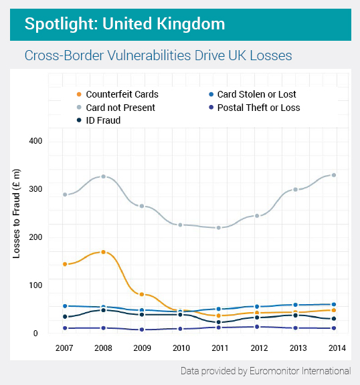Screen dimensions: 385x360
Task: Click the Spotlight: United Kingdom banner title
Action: coord(124,24)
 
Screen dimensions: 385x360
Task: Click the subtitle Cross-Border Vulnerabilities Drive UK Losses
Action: coord(158,55)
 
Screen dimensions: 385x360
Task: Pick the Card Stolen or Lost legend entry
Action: coord(256,95)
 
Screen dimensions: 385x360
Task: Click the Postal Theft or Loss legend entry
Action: coord(258,108)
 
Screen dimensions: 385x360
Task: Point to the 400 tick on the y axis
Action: coord(35,141)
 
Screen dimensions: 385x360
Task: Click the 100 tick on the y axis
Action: coord(35,285)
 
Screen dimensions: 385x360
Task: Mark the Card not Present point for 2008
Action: coord(103,176)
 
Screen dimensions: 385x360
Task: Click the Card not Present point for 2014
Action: coord(334,175)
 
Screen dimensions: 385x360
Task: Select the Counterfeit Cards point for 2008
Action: coord(103,252)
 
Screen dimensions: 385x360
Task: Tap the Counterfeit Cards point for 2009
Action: coord(142,294)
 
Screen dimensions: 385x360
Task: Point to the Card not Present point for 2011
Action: coord(219,228)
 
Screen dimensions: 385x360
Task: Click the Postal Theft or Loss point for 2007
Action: coord(65,328)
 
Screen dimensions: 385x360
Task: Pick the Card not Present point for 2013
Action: coord(295,190)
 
